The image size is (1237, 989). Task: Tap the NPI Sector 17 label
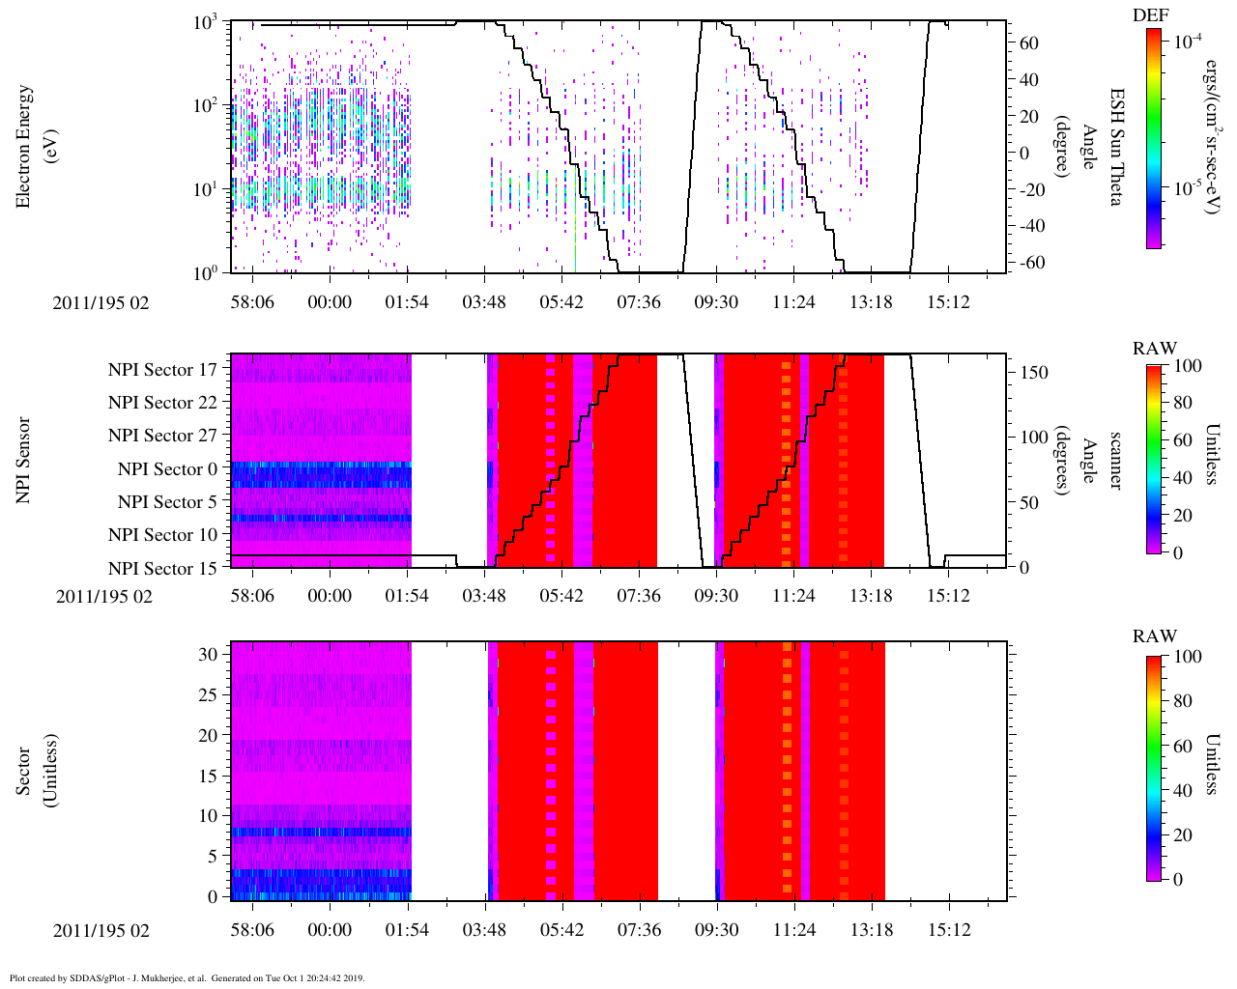(x=162, y=370)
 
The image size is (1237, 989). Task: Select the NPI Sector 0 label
(x=167, y=469)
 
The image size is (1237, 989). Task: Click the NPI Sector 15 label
(x=162, y=569)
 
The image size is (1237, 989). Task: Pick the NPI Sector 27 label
(x=162, y=436)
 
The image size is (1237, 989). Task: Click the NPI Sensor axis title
(x=23, y=460)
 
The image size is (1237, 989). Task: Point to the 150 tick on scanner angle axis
(x=1034, y=373)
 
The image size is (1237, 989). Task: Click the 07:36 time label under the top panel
(x=639, y=302)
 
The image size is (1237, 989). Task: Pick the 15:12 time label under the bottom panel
(x=948, y=930)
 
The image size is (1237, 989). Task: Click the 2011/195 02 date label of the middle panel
(x=103, y=596)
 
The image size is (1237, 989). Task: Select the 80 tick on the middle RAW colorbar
(x=1183, y=403)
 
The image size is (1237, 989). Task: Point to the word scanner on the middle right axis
(x=1115, y=460)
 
